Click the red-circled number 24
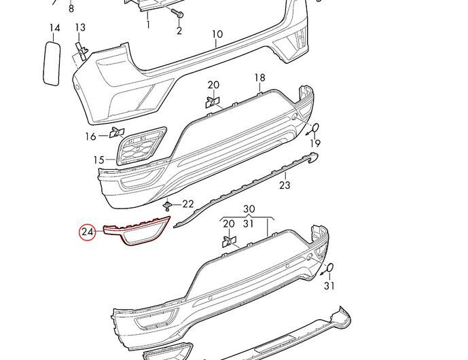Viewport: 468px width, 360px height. [x=87, y=232]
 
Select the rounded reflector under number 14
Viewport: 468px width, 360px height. [x=53, y=64]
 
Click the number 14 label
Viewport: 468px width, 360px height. [x=55, y=28]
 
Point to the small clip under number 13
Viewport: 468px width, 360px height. [x=82, y=50]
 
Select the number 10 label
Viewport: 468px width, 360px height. [x=217, y=35]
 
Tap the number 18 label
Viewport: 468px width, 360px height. [x=259, y=78]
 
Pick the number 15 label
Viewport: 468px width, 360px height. [x=99, y=160]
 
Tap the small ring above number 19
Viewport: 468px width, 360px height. [x=314, y=128]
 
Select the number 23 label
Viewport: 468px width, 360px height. [x=284, y=184]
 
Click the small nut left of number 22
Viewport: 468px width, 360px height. [x=167, y=203]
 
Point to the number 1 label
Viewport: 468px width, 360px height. [x=148, y=25]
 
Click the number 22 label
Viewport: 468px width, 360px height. [x=187, y=204]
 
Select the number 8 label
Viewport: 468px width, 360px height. [x=71, y=9]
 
